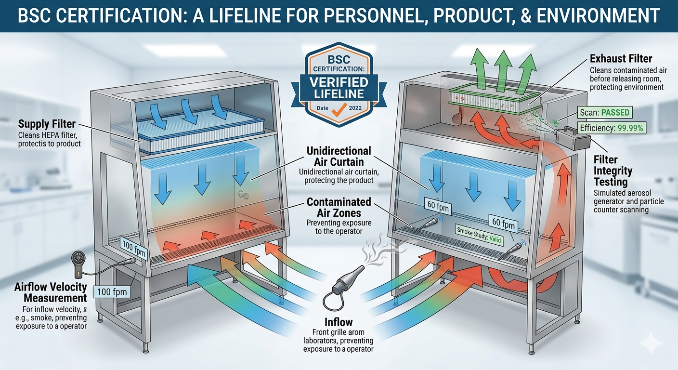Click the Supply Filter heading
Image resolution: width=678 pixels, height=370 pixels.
point(47,124)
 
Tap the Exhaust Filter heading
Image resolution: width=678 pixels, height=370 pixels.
point(621,58)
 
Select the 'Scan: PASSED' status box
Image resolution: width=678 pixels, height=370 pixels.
point(604,113)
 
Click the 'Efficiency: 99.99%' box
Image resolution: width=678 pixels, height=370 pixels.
point(612,128)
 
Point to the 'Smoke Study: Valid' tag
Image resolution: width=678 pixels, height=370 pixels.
point(479,235)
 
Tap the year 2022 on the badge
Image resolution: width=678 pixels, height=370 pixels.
point(355,108)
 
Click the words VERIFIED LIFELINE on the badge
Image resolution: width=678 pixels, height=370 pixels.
point(339,88)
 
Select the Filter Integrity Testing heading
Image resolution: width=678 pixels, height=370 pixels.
point(613,171)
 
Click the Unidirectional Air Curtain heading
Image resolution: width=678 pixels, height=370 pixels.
point(339,156)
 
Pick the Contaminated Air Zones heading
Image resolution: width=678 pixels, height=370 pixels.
point(339,208)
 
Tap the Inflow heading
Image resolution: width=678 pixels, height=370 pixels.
point(339,322)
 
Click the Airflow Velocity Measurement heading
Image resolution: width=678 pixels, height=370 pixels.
point(51,292)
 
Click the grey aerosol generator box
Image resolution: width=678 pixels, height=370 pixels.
point(574,139)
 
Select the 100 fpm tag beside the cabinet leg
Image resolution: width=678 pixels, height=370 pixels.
point(112,292)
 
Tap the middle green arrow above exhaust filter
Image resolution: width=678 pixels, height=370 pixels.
point(503,71)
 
